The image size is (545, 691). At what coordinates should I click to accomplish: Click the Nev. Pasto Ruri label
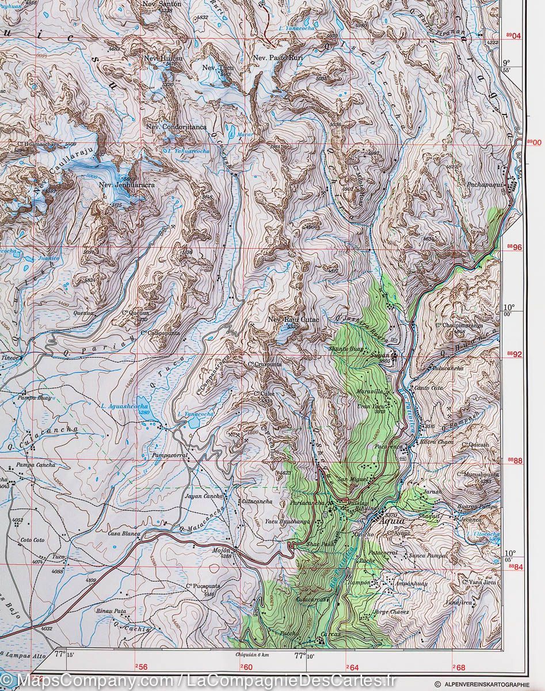click(x=277, y=58)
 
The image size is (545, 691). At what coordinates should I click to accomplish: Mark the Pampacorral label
click(x=170, y=455)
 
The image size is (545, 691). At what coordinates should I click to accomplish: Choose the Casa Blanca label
click(x=124, y=534)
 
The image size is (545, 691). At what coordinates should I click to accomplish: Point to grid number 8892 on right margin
click(x=514, y=354)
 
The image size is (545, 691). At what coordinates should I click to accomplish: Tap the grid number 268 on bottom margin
click(x=458, y=667)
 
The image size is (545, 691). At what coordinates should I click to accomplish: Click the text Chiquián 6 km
click(x=253, y=654)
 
